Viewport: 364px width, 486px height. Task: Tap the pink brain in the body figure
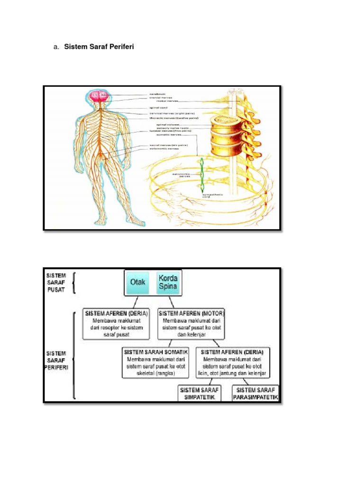(x=100, y=96)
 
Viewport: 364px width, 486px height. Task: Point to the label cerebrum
(x=158, y=94)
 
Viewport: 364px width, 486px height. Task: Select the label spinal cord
(x=159, y=107)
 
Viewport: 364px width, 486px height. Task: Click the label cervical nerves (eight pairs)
(x=172, y=113)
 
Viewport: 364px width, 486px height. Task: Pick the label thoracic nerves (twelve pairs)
(x=173, y=118)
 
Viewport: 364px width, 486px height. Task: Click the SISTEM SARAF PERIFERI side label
(x=56, y=361)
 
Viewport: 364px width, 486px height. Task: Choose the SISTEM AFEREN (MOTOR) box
(x=191, y=325)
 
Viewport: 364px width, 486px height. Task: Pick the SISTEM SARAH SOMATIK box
(x=156, y=363)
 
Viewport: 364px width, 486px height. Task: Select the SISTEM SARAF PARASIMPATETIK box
(x=255, y=393)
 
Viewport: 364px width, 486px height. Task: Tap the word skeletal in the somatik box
(x=142, y=374)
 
